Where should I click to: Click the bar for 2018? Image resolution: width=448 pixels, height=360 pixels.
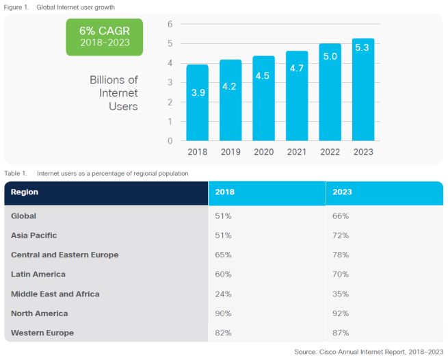pyautogui.click(x=198, y=103)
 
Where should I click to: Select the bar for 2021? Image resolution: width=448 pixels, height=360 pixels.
pyautogui.click(x=297, y=96)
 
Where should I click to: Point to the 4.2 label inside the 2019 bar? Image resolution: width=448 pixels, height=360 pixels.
pyautogui.click(x=230, y=87)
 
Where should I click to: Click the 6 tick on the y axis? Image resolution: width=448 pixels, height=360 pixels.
pyautogui.click(x=170, y=24)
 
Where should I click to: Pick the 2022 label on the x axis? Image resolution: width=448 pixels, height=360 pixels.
pyautogui.click(x=330, y=151)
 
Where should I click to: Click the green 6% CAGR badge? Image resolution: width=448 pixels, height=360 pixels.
pyautogui.click(x=105, y=37)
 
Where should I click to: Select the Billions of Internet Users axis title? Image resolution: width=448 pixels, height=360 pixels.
pyautogui.click(x=114, y=93)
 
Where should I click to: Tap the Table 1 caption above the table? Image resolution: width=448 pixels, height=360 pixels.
pyautogui.click(x=96, y=174)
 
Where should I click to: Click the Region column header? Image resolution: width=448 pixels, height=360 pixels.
pyautogui.click(x=25, y=192)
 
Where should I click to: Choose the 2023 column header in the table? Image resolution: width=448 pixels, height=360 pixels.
pyautogui.click(x=342, y=192)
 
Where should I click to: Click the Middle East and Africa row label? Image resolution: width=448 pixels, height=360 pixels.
pyautogui.click(x=55, y=294)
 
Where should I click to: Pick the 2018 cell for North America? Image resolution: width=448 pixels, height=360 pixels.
pyautogui.click(x=224, y=313)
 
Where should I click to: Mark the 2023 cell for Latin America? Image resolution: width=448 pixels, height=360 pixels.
pyautogui.click(x=341, y=274)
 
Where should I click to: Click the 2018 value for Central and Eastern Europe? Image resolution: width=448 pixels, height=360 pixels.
pyautogui.click(x=224, y=255)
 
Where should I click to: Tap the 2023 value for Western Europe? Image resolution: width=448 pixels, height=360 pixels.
pyautogui.click(x=341, y=333)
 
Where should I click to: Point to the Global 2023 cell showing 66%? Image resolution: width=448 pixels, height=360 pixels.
pyautogui.click(x=341, y=216)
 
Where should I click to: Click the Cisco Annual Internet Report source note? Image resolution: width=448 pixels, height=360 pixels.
pyautogui.click(x=369, y=352)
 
